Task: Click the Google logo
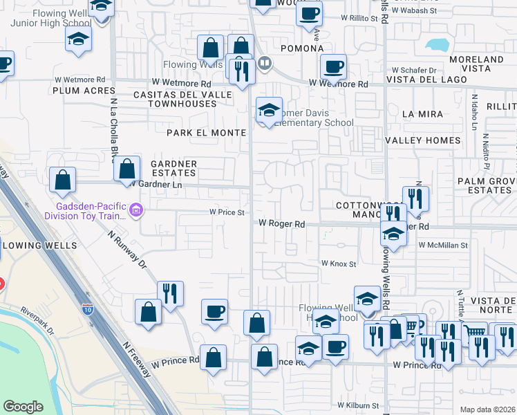(23, 406)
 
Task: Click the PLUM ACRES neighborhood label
(77, 90)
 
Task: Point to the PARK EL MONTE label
(206, 132)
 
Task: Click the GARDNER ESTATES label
(173, 168)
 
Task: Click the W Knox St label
(338, 264)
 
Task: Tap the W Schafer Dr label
(414, 70)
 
